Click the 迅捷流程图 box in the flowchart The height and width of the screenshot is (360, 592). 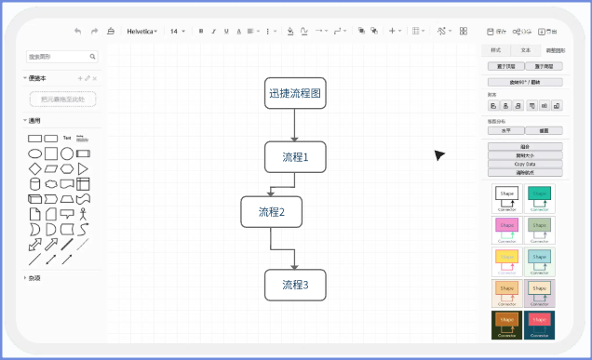tap(295, 93)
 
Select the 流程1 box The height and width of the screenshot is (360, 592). tap(295, 157)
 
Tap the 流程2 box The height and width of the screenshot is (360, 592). tap(271, 212)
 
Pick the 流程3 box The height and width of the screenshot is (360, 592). tap(295, 285)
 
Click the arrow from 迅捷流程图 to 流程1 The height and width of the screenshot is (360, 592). tap(295, 125)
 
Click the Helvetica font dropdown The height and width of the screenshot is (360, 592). tap(141, 31)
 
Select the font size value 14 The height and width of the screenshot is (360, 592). tap(174, 31)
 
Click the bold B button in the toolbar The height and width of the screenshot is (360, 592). tap(201, 31)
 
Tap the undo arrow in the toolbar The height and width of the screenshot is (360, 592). tap(77, 31)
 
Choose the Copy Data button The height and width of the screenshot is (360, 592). tap(525, 164)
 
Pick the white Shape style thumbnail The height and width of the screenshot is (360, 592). tap(506, 196)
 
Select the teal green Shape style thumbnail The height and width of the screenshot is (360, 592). tap(539, 196)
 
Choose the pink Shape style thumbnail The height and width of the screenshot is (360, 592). tap(506, 228)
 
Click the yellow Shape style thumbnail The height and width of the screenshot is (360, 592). tap(506, 260)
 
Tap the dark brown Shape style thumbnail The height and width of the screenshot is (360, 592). tap(506, 323)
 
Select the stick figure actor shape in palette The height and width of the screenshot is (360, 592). tap(83, 214)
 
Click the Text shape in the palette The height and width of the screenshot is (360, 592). tap(67, 139)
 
